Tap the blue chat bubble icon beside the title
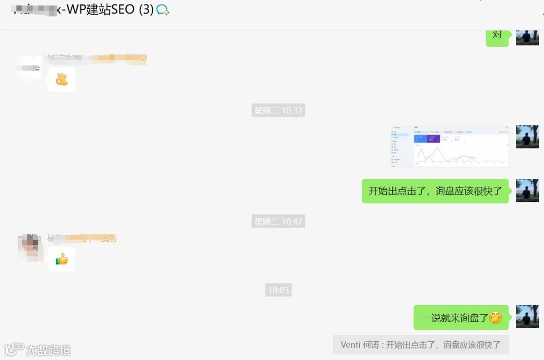(x=163, y=10)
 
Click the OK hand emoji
(x=61, y=79)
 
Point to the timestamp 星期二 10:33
(x=278, y=110)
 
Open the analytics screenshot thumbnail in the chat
(x=449, y=146)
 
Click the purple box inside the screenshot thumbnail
(x=433, y=138)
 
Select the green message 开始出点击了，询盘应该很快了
(x=435, y=191)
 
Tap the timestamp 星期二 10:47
(x=278, y=221)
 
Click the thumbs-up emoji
(x=61, y=259)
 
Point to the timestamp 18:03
(x=278, y=290)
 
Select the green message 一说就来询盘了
(x=461, y=318)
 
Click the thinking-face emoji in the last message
(x=496, y=318)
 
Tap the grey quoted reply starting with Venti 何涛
(x=421, y=345)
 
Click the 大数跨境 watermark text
(x=48, y=350)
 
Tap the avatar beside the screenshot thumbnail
(x=527, y=137)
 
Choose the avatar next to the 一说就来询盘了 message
(x=527, y=316)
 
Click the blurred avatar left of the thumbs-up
(x=29, y=247)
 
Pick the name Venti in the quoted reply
(x=351, y=345)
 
